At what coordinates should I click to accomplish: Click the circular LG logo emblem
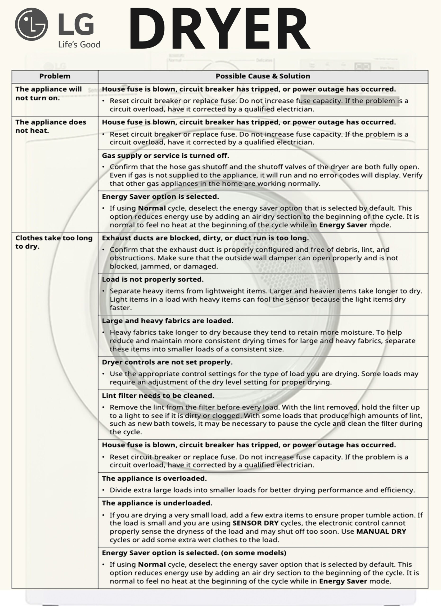pyautogui.click(x=31, y=24)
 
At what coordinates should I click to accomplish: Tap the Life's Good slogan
pyautogui.click(x=79, y=44)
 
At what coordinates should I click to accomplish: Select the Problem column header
pyautogui.click(x=55, y=76)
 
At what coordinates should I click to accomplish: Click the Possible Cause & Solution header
pyautogui.click(x=263, y=76)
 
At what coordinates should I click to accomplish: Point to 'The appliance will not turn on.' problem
pyautogui.click(x=48, y=94)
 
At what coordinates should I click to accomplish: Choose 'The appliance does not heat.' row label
pyautogui.click(x=50, y=126)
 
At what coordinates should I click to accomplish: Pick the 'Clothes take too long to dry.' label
pyautogui.click(x=54, y=242)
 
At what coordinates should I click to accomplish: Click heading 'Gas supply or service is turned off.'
pyautogui.click(x=165, y=156)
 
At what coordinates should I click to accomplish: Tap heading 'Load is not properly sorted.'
pyautogui.click(x=153, y=279)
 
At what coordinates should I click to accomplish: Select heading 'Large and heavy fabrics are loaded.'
pyautogui.click(x=167, y=321)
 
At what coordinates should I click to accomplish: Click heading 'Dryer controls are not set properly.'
pyautogui.click(x=167, y=362)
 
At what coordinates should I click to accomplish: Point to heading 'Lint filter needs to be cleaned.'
pyautogui.click(x=158, y=396)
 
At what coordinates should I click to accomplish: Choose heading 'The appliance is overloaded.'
pyautogui.click(x=154, y=478)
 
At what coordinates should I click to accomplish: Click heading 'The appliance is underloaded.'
pyautogui.click(x=157, y=503)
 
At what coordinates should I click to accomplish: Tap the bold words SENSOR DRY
pyautogui.click(x=256, y=523)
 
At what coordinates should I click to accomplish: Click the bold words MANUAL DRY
pyautogui.click(x=381, y=531)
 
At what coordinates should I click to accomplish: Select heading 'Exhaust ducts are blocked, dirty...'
pyautogui.click(x=205, y=238)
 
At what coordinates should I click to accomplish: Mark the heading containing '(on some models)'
pyautogui.click(x=194, y=553)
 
